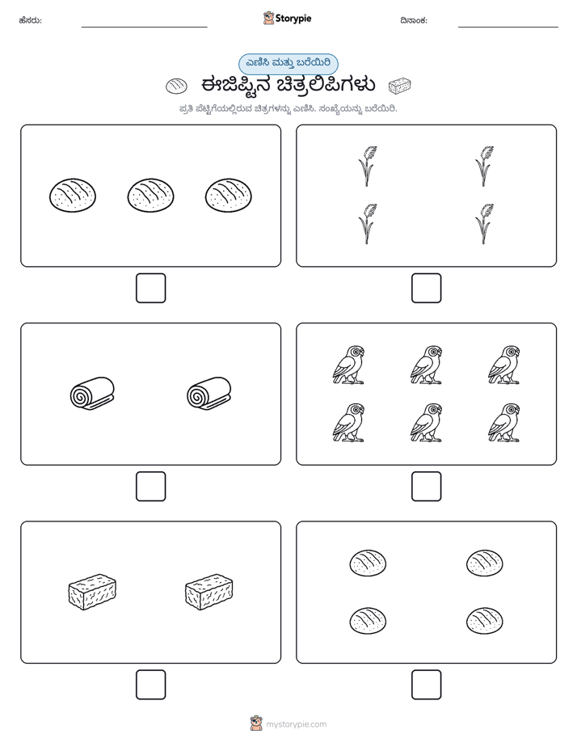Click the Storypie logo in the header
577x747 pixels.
pyautogui.click(x=287, y=18)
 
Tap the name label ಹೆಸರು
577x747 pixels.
pyautogui.click(x=30, y=20)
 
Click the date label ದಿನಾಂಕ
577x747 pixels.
pyautogui.click(x=414, y=20)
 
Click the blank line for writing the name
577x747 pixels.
pyautogui.click(x=144, y=27)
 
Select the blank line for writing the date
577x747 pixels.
pyautogui.click(x=508, y=27)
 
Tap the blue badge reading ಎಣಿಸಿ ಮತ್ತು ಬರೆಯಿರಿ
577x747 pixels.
pyautogui.click(x=288, y=64)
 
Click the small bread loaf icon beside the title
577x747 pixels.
pyautogui.click(x=177, y=87)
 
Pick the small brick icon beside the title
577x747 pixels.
pyautogui.click(x=399, y=86)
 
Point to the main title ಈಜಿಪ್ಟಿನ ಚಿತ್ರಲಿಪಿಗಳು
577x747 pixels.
pyautogui.click(x=288, y=85)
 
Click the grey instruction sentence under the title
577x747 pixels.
pyautogui.click(x=288, y=108)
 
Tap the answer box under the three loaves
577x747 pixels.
pyautogui.click(x=151, y=289)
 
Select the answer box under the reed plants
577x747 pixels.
pyautogui.click(x=426, y=289)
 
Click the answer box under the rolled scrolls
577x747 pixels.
pyautogui.click(x=151, y=487)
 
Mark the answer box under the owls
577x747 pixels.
pyautogui.click(x=426, y=487)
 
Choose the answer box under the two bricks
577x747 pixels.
pyautogui.click(x=151, y=685)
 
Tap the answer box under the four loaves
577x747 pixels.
pyautogui.click(x=426, y=685)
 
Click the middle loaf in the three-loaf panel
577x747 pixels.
pyautogui.click(x=150, y=196)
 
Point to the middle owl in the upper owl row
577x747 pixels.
pyautogui.click(x=426, y=365)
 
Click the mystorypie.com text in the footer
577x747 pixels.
pyautogui.click(x=296, y=724)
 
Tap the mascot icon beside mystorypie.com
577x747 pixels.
pyautogui.click(x=256, y=724)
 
